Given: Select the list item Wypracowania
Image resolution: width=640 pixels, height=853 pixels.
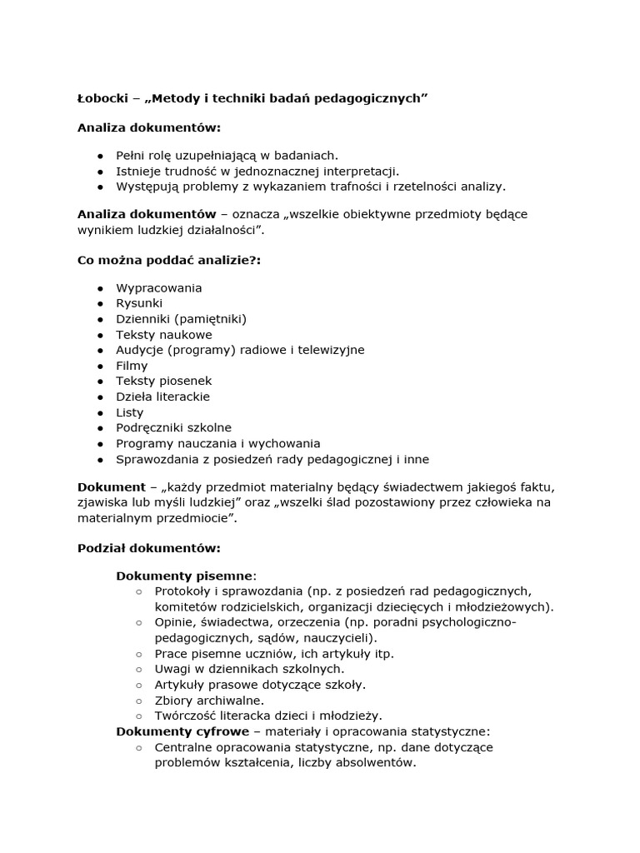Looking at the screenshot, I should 158,287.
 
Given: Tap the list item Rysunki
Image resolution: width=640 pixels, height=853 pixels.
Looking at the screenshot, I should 139,303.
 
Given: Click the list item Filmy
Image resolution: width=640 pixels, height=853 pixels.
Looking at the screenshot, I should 132,365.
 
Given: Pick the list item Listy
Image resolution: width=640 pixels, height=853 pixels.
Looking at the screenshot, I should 129,412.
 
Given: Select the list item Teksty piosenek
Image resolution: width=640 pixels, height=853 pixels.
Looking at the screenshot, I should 163,381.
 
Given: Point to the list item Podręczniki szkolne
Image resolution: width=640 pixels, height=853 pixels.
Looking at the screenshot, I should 173,427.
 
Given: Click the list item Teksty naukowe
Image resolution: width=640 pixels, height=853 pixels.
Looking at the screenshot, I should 163,334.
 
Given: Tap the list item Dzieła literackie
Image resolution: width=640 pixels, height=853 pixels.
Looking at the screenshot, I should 162,397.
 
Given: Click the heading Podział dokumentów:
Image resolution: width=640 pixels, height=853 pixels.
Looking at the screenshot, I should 149,548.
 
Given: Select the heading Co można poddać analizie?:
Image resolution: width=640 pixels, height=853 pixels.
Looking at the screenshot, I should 169,260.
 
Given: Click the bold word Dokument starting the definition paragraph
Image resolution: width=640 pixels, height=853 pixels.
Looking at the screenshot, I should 111,486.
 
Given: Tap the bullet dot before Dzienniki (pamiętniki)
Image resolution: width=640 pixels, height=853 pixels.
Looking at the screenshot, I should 99,319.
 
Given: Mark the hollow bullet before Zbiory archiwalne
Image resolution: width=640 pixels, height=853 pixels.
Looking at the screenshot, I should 138,701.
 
